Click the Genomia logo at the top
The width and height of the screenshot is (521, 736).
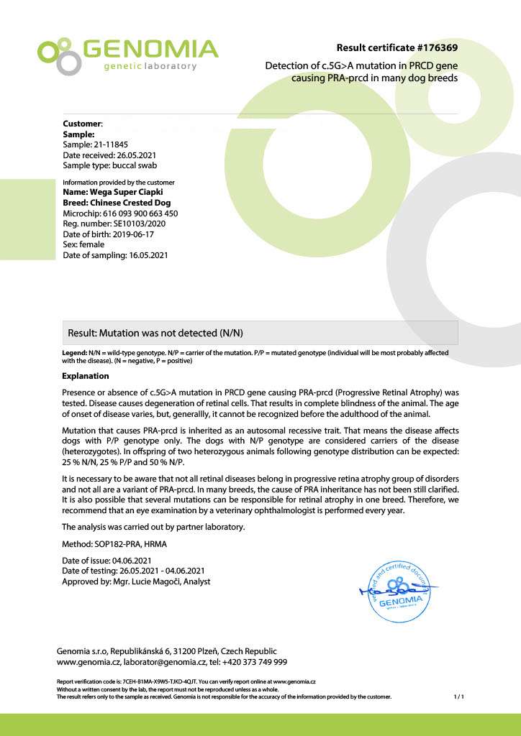coord(127,55)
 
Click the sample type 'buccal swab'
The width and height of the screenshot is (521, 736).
coord(135,165)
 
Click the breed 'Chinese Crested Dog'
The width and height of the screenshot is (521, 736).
coord(130,203)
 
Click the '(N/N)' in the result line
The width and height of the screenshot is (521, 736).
coord(236,333)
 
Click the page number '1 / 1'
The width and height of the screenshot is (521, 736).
coord(459,696)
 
